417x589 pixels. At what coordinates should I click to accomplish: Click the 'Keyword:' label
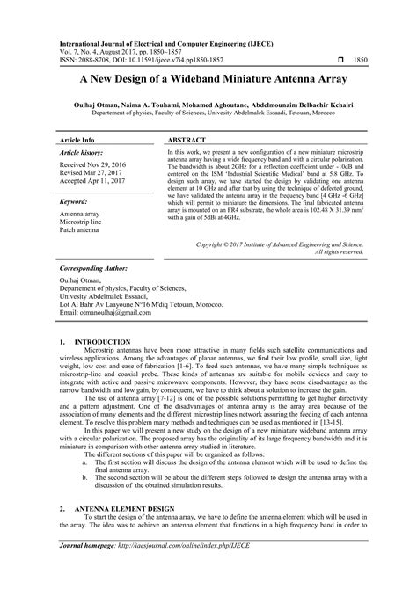[x=75, y=201]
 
